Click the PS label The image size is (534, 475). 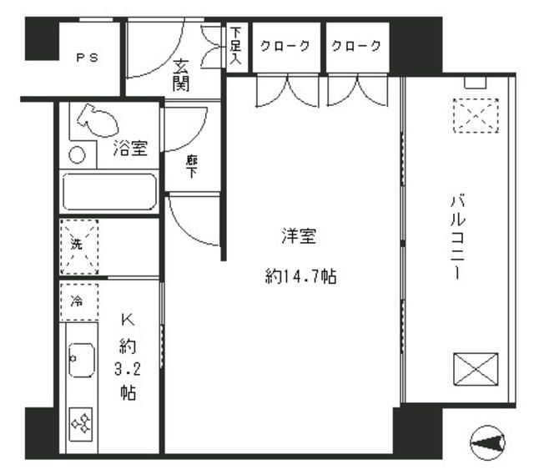tap(87, 58)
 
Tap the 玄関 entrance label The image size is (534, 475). tap(181, 74)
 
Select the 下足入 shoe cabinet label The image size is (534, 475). tap(235, 47)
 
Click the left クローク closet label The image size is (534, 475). tap(285, 46)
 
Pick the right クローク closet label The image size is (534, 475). tap(357, 46)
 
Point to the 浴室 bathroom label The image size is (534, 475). tap(129, 149)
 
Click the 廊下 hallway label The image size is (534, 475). tap(191, 166)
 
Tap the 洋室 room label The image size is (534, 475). tap(298, 237)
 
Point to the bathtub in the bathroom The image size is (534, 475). tap(109, 192)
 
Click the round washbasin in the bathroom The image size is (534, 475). tap(77, 155)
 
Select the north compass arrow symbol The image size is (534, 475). tap(489, 442)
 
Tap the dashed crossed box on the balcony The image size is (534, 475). tap(475, 115)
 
